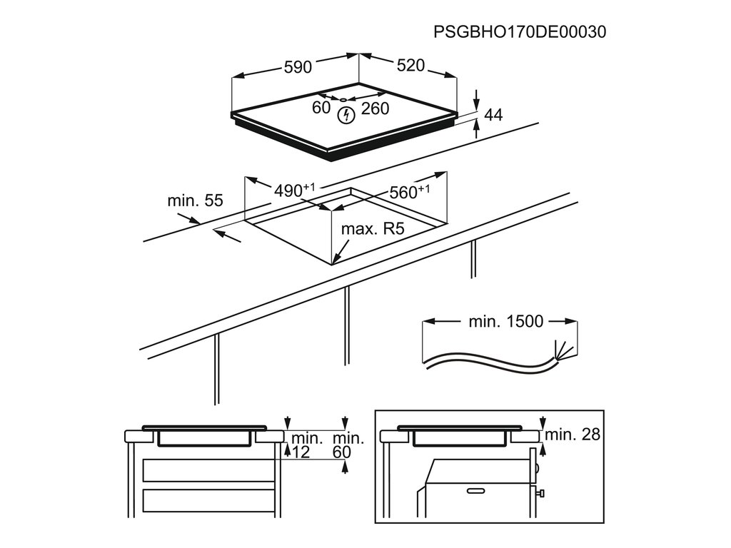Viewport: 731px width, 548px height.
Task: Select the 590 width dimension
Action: tap(298, 67)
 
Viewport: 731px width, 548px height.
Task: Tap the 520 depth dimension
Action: tap(410, 66)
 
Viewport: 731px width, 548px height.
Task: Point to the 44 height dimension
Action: tap(493, 116)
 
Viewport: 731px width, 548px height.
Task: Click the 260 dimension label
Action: tap(375, 108)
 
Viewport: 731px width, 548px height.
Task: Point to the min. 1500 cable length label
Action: tap(505, 321)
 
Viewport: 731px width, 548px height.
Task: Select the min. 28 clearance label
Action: tap(573, 435)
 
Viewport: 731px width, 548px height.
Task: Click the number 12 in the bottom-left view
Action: tap(301, 452)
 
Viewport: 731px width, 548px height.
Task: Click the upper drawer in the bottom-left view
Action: tap(208, 470)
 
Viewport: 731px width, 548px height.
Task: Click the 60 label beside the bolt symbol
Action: tap(321, 108)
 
